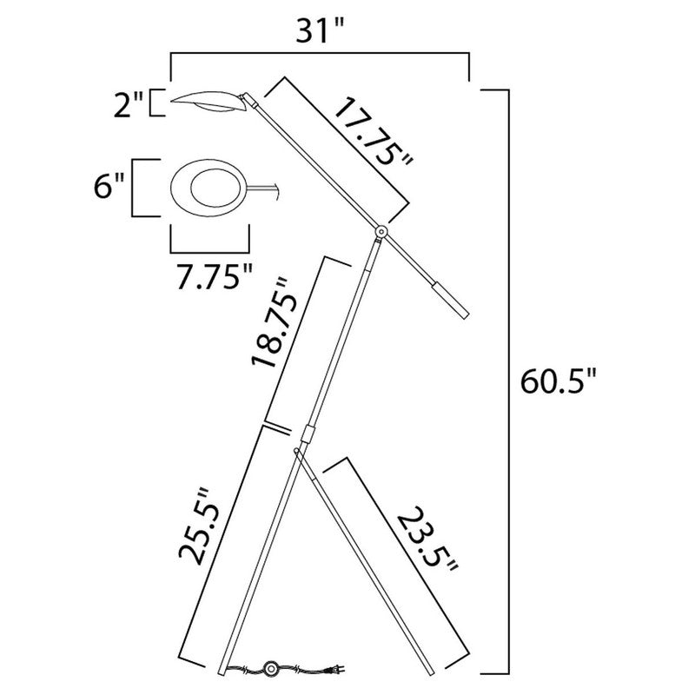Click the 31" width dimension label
click(x=320, y=32)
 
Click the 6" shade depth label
click(x=113, y=187)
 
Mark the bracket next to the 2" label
click(x=156, y=103)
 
